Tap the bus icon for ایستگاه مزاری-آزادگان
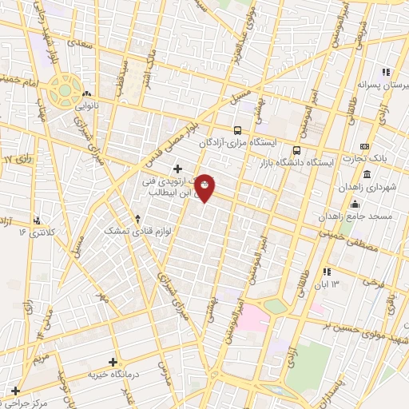point(236,130)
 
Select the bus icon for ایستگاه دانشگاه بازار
point(297,149)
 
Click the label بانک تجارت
point(389,158)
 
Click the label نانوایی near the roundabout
point(87,104)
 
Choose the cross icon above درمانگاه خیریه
point(113,362)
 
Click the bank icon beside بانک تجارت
point(364,146)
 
